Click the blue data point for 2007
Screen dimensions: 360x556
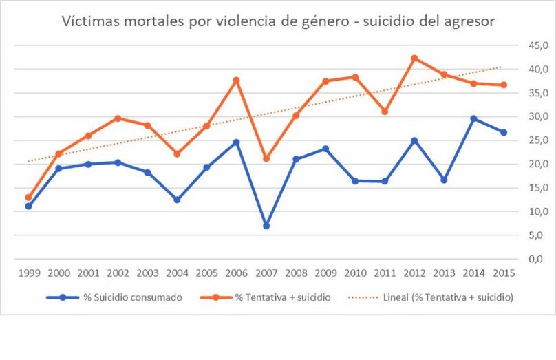click(x=266, y=226)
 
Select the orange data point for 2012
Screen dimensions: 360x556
click(x=414, y=59)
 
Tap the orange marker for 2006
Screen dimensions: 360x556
click(x=236, y=81)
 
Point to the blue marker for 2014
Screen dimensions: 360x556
click(x=473, y=118)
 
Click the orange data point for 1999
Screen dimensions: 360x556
click(x=28, y=198)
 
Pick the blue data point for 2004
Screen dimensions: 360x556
click(x=177, y=200)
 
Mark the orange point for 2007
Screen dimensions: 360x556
click(x=266, y=158)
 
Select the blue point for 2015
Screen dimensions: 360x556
click(x=503, y=132)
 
